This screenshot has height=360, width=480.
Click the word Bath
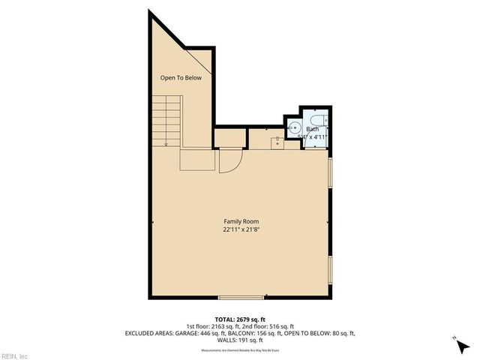(x=311, y=129)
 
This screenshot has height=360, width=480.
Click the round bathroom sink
(x=293, y=127)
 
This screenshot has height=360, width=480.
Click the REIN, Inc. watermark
(x=14, y=355)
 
